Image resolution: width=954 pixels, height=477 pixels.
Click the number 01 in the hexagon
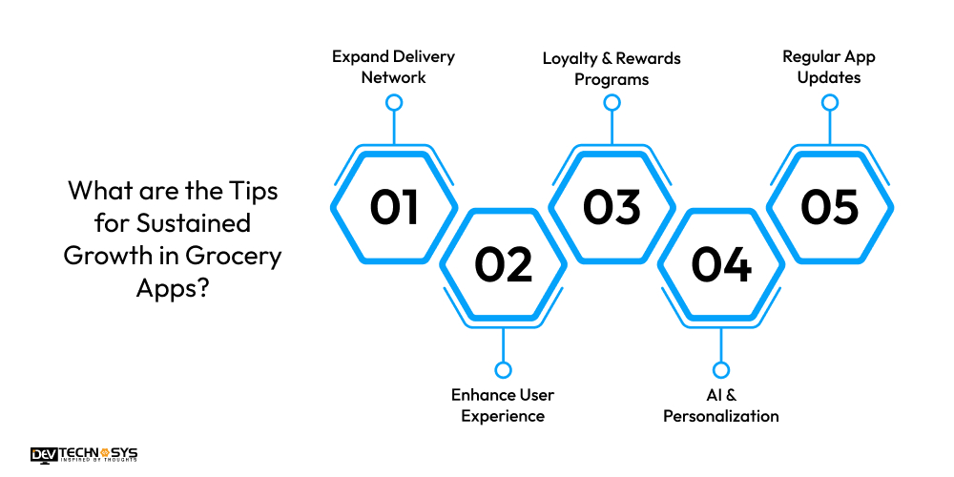tap(394, 207)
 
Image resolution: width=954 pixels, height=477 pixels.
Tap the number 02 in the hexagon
tap(503, 264)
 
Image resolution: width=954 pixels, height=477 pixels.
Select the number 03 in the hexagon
tap(612, 207)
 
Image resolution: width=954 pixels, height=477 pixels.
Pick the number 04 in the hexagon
tap(721, 264)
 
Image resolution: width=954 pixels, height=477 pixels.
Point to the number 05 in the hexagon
tap(830, 207)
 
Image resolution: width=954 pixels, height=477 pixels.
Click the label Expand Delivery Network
tap(393, 67)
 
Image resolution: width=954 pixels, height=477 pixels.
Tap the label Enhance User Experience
tap(503, 404)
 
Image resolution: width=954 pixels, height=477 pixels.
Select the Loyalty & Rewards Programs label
tap(612, 69)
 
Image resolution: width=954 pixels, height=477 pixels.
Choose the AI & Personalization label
tap(721, 404)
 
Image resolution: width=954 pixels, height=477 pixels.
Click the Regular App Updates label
tap(829, 67)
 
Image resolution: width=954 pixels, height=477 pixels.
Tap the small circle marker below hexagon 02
tap(503, 369)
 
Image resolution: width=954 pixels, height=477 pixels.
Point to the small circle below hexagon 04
tap(721, 369)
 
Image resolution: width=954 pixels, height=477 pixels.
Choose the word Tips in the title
tap(254, 190)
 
